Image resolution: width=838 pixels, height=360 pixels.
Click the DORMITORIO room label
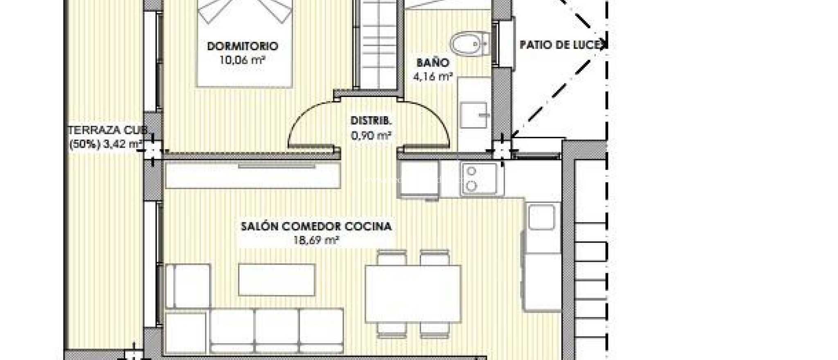pyautogui.click(x=242, y=46)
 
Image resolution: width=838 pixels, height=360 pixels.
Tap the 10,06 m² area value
pyautogui.click(x=242, y=60)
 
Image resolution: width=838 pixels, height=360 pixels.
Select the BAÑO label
pyautogui.click(x=433, y=63)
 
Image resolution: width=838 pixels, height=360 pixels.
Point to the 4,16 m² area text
pyautogui.click(x=433, y=76)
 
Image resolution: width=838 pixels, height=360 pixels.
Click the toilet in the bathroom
pyautogui.click(x=469, y=44)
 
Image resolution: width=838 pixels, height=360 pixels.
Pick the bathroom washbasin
pyautogui.click(x=473, y=115)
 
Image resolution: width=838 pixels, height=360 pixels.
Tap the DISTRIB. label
pyautogui.click(x=371, y=121)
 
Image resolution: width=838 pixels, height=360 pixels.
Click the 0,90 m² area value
pyautogui.click(x=371, y=135)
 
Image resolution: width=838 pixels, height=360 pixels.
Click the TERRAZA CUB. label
pyautogui.click(x=107, y=130)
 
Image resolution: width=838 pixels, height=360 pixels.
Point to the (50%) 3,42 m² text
pyautogui.click(x=106, y=144)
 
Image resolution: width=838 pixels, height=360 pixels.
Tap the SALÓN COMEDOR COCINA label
pyautogui.click(x=316, y=226)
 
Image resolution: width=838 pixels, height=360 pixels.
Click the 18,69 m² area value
pyautogui.click(x=316, y=240)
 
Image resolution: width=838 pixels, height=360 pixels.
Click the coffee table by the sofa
pyautogui.click(x=277, y=279)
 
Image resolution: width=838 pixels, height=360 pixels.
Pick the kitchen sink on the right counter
pyautogui.click(x=541, y=217)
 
